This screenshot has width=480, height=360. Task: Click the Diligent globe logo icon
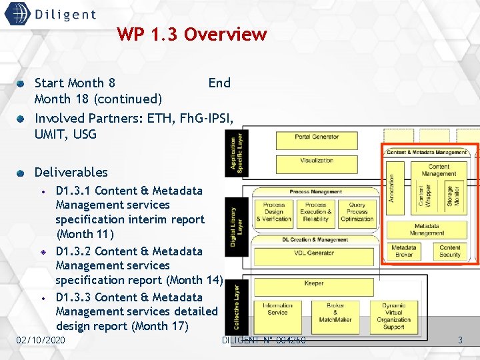17,13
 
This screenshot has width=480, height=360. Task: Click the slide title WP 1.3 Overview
191,34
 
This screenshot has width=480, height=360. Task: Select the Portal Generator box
316,137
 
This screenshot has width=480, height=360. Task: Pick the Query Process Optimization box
357,212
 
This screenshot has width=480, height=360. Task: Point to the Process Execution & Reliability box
315,212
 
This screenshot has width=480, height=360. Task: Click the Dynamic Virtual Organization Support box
393,315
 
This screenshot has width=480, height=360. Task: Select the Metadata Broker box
404,251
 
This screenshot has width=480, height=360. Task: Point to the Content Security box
450,251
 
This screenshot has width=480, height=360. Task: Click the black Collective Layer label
237,307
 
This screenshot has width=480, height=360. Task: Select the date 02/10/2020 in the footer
41,341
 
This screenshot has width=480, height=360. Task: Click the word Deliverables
71,172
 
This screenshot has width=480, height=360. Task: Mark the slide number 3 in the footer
459,341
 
